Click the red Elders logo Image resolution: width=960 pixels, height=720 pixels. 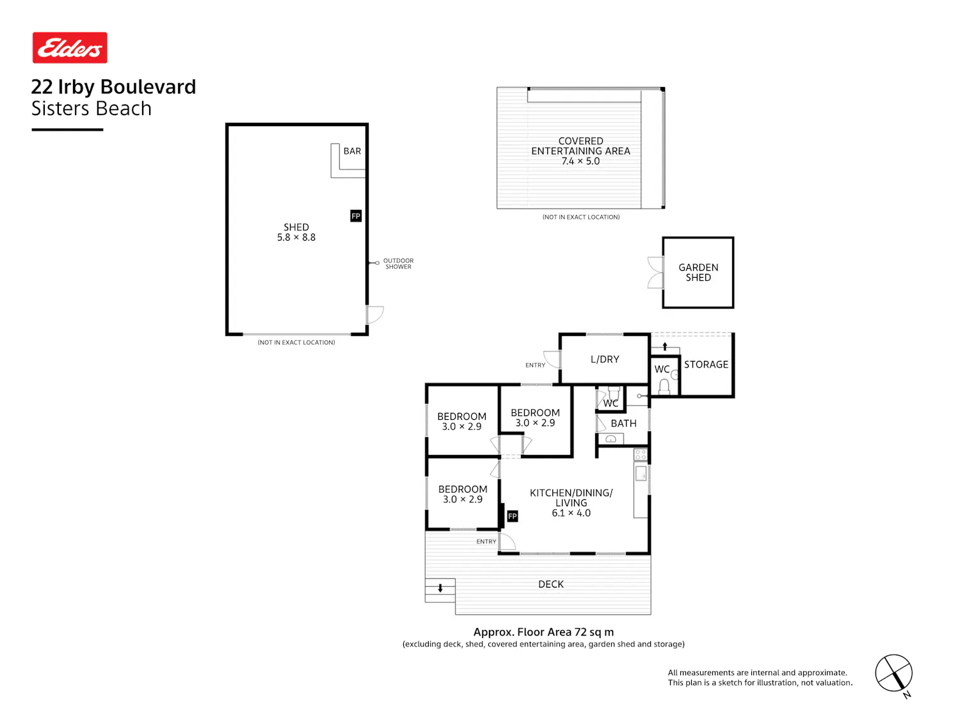70,47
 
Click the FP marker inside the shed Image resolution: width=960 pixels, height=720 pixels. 356,216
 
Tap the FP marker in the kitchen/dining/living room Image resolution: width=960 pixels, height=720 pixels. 512,516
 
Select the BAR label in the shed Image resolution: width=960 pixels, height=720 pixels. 352,151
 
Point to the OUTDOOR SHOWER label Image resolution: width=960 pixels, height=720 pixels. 398,264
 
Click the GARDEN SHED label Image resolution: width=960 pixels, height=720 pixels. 698,273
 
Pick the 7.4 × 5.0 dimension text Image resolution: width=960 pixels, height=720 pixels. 580,161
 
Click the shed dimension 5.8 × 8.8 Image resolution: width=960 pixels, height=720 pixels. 296,237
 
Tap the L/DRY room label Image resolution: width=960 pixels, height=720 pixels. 604,359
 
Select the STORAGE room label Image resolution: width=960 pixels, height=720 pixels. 706,365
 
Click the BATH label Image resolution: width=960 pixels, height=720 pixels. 623,424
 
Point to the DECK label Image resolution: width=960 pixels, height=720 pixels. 550,584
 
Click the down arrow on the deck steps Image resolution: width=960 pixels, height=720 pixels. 440,588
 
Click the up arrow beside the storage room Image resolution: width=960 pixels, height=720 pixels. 665,347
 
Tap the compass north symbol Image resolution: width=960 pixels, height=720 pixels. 895,674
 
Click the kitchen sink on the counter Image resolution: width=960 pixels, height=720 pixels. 641,474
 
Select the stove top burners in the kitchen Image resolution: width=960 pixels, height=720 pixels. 641,454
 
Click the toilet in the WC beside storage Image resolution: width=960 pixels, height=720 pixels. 664,387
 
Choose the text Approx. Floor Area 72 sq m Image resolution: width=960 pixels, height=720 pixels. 543,632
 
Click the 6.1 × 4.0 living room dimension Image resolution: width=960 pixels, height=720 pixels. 571,513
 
